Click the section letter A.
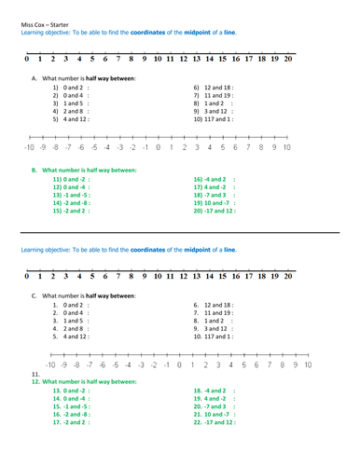point(33,78)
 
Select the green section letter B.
point(34,171)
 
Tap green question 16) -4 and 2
point(214,179)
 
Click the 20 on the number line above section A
point(287,60)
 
